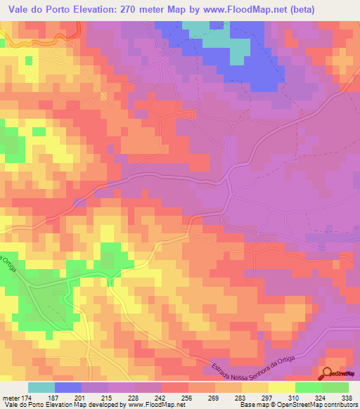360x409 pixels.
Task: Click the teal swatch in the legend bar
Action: (x=41, y=387)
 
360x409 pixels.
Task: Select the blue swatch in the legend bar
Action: (x=68, y=387)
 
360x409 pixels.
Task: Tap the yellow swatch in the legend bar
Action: (x=281, y=387)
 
